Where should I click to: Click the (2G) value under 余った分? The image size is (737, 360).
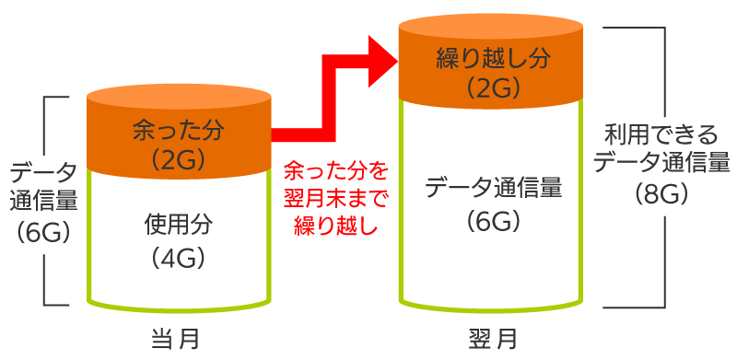click(x=178, y=159)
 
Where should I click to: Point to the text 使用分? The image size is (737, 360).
click(x=178, y=224)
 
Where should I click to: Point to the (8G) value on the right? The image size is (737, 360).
click(x=661, y=193)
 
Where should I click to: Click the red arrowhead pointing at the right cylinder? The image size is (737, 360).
click(x=380, y=58)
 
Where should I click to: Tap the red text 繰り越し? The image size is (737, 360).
click(x=335, y=226)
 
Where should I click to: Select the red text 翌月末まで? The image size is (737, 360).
click(x=335, y=199)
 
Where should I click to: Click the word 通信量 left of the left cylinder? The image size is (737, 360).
click(x=43, y=200)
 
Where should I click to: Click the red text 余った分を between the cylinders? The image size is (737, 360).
click(x=335, y=171)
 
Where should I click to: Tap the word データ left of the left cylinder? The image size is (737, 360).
click(x=43, y=171)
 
